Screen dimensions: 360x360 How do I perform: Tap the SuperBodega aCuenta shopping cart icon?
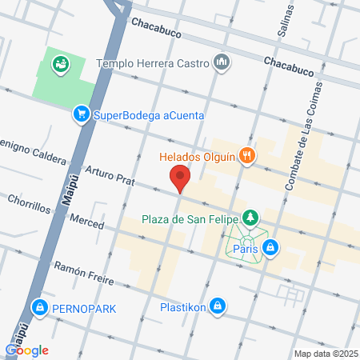click(x=81, y=114)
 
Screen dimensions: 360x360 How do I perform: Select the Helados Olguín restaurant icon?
click(x=248, y=157)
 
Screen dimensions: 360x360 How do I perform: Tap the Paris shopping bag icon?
click(x=272, y=247)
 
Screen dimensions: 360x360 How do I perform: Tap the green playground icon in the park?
click(x=60, y=64)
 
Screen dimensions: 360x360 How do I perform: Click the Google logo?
click(x=27, y=349)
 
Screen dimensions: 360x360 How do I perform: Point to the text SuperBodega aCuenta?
click(x=149, y=115)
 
